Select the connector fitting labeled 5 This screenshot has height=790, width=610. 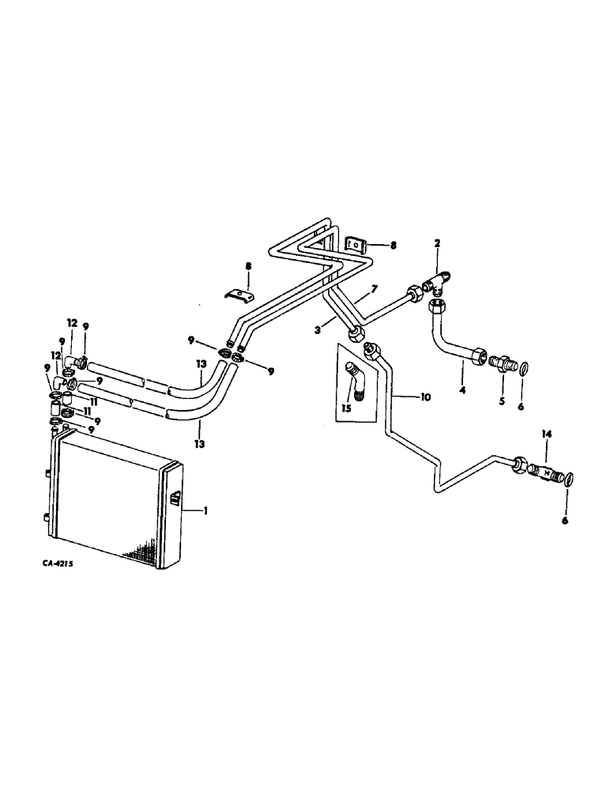500,365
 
